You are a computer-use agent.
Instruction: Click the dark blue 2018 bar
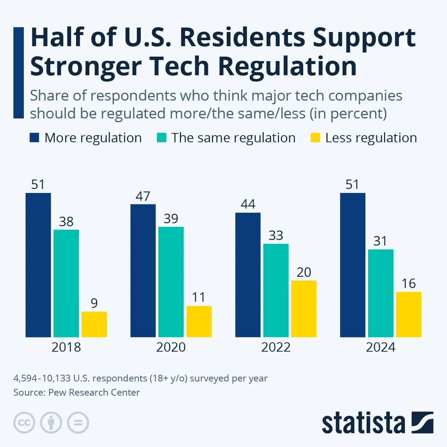point(38,265)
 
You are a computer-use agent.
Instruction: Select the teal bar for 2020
point(171,282)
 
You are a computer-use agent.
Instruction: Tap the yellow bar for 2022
point(304,309)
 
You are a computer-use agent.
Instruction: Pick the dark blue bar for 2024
point(352,265)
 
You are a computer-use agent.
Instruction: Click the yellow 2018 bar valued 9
point(94,324)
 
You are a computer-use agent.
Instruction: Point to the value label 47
point(143,196)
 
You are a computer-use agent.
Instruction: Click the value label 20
point(304,272)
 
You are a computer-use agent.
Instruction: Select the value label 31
point(380,241)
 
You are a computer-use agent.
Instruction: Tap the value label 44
point(248,204)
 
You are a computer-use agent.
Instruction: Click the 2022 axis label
point(276,347)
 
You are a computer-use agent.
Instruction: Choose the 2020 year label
point(171,347)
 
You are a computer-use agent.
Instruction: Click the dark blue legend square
point(34,138)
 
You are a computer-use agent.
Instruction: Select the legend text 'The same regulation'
point(233,138)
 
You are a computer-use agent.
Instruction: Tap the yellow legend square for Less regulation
point(315,138)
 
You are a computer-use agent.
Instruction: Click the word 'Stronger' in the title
point(85,66)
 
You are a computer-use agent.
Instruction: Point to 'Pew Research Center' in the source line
point(94,392)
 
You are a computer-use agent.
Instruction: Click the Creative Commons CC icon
point(24,423)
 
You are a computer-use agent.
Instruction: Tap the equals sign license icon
point(78,423)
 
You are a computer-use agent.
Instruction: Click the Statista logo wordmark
point(363,423)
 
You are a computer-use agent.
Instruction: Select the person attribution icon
point(51,423)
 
